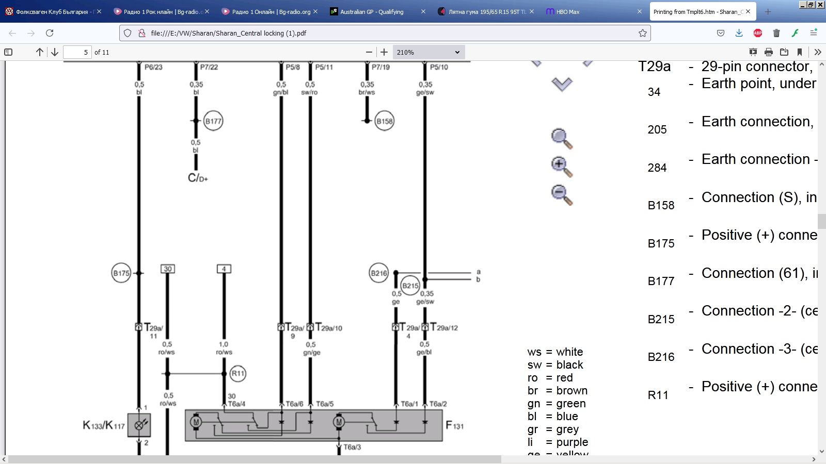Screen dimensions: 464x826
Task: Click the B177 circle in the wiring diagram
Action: [213, 121]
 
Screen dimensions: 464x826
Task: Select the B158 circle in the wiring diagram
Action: [385, 121]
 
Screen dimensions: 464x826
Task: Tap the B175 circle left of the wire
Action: [121, 273]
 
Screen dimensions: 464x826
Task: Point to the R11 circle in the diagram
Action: [238, 374]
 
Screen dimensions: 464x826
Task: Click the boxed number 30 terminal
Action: [168, 269]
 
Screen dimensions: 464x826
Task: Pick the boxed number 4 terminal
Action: [224, 269]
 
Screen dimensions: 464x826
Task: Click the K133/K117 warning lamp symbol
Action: [139, 425]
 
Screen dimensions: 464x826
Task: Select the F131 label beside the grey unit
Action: [455, 426]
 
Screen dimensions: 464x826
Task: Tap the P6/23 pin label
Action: [153, 67]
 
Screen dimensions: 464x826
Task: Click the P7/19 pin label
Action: [380, 67]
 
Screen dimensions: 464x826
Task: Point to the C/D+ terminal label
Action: [198, 178]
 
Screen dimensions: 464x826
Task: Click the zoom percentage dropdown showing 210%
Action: [428, 52]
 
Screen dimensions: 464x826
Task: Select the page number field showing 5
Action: [77, 52]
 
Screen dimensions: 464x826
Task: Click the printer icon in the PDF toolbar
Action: [769, 52]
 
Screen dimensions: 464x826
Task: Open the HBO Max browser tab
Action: [568, 11]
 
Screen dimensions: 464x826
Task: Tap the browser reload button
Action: [50, 33]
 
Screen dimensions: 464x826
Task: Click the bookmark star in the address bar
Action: [643, 33]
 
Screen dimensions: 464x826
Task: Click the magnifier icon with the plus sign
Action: [561, 166]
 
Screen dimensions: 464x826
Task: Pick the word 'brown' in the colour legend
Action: [572, 391]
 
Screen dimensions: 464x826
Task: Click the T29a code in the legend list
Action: [655, 67]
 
